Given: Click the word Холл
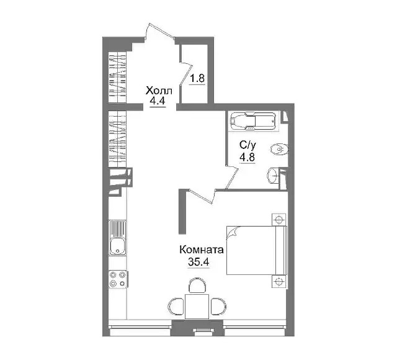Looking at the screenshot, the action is (x=159, y=91).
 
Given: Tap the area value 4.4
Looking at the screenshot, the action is (x=158, y=101).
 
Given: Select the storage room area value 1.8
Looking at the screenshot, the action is (x=197, y=78).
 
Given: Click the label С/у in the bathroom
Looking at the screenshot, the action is (x=248, y=145).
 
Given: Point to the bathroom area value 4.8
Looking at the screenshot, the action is (x=248, y=157).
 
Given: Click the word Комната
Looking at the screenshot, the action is (x=202, y=250).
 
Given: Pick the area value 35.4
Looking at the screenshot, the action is (x=198, y=261).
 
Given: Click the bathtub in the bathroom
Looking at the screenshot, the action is (x=253, y=121).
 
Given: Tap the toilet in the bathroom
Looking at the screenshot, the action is (x=280, y=149).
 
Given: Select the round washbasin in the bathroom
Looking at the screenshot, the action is (x=273, y=175).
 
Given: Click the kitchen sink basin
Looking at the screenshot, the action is (x=117, y=246).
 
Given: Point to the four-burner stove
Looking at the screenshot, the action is (x=118, y=279).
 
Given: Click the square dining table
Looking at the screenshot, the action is (x=197, y=307).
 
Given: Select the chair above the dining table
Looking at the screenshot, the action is (x=197, y=286).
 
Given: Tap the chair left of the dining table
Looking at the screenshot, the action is (x=176, y=306).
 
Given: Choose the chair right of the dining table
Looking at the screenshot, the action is (x=218, y=306).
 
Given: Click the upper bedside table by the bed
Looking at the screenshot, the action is (x=279, y=220).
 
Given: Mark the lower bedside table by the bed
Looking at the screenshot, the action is (x=279, y=281).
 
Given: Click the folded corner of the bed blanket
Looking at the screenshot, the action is (x=232, y=232).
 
